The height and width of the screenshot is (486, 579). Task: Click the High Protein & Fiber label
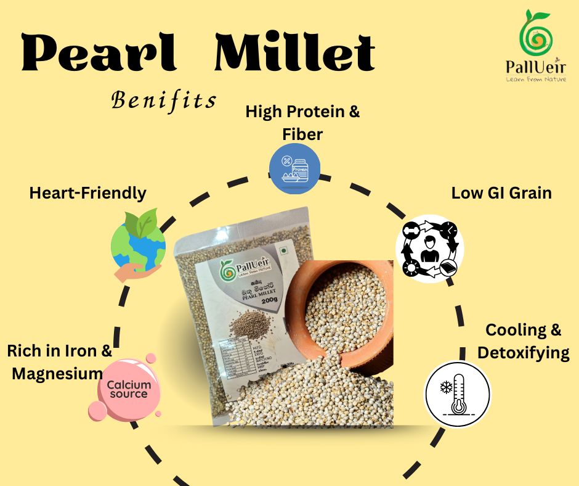pyautogui.click(x=302, y=122)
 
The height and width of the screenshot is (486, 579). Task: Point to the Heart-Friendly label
pyautogui.click(x=87, y=193)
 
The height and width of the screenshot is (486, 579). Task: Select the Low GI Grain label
pyautogui.click(x=501, y=192)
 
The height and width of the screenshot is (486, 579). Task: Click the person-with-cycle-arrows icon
pyautogui.click(x=429, y=249)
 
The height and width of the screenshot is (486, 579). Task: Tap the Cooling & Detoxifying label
pyautogui.click(x=523, y=341)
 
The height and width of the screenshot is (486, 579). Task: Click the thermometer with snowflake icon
pyautogui.click(x=458, y=393)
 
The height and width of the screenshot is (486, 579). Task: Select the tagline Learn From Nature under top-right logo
pyautogui.click(x=535, y=79)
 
